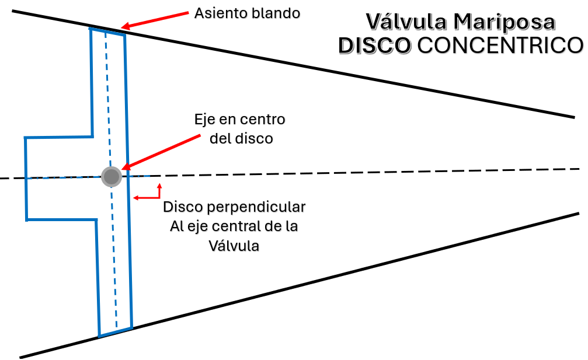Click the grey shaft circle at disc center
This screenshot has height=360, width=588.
[x=111, y=176]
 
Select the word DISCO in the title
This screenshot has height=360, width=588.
[x=374, y=46]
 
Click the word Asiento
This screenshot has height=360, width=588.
[x=220, y=12]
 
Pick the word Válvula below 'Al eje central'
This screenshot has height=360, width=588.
[x=234, y=246]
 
